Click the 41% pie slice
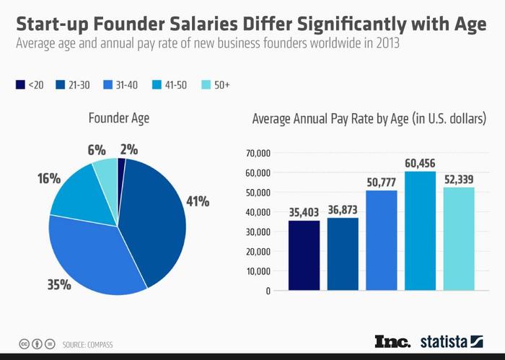(x=155, y=216)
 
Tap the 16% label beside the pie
(x=49, y=177)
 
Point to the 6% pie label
(x=96, y=150)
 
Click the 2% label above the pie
(x=130, y=150)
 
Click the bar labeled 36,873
(x=342, y=253)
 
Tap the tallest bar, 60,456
(x=420, y=230)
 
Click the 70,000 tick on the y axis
(x=258, y=153)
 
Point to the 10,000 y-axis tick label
(x=258, y=271)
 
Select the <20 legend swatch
(x=20, y=85)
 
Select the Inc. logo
(x=392, y=341)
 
